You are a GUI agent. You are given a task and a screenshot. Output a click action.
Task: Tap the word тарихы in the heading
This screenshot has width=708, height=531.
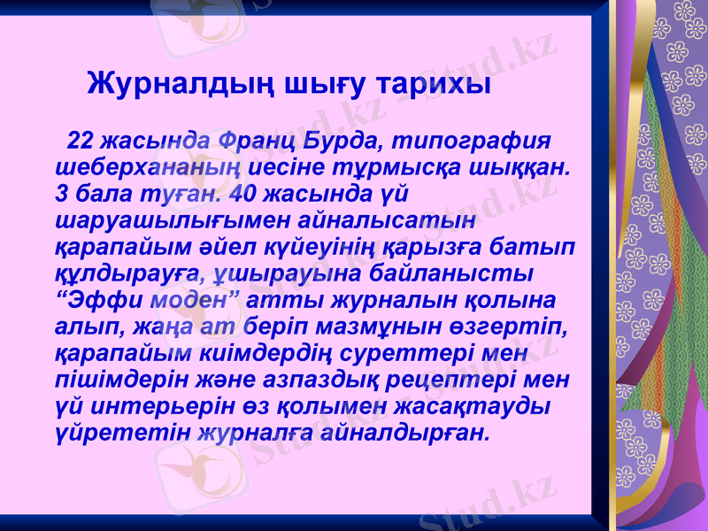point(434,86)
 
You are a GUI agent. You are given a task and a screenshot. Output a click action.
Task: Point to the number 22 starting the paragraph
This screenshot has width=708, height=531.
point(81,142)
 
